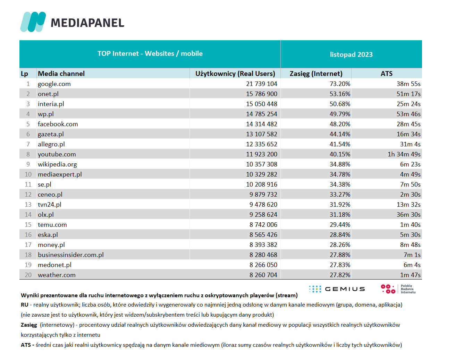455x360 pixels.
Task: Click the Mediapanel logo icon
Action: click(x=33, y=22)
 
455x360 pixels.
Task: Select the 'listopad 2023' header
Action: click(x=351, y=54)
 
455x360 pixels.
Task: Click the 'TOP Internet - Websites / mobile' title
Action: click(x=150, y=53)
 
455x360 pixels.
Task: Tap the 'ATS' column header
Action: click(x=387, y=74)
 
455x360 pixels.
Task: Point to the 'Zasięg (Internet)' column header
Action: click(x=316, y=74)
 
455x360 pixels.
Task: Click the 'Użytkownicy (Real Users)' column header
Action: click(x=235, y=74)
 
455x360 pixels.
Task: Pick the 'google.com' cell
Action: click(x=54, y=84)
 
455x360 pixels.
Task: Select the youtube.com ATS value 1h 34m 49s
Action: click(x=404, y=154)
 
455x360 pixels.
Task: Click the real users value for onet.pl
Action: click(x=262, y=94)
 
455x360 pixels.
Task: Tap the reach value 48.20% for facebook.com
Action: click(x=340, y=124)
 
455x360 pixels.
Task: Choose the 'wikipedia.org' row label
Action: click(x=57, y=164)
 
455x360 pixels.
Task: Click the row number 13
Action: click(x=28, y=205)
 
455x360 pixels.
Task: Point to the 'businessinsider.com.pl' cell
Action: click(x=70, y=255)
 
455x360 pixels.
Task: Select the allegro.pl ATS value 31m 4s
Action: click(x=410, y=144)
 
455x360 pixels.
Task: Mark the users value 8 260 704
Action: click(x=263, y=275)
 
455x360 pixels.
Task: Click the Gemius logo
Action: click(x=337, y=289)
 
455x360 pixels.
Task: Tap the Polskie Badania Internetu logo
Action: click(x=398, y=289)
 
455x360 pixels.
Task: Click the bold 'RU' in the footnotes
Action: click(x=25, y=305)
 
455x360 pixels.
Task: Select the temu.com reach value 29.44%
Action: click(x=340, y=225)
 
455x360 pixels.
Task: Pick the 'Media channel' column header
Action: click(x=61, y=74)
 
